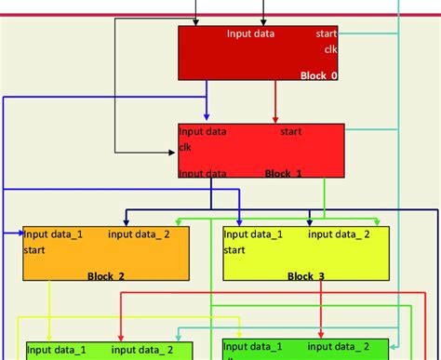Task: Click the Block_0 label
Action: (318, 75)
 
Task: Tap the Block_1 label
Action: (284, 173)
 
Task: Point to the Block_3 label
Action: (306, 276)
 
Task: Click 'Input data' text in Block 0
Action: (250, 34)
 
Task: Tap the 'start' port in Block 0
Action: (327, 34)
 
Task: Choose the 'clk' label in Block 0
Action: (331, 49)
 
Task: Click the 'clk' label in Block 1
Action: (185, 147)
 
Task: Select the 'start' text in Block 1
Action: (291, 132)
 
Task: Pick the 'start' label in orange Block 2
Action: (34, 249)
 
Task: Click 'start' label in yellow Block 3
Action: (234, 249)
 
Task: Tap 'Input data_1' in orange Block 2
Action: (54, 234)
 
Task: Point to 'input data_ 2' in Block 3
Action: (340, 234)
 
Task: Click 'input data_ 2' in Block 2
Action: (140, 234)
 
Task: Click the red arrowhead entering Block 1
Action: (276, 120)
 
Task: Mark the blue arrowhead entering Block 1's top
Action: (207, 120)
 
